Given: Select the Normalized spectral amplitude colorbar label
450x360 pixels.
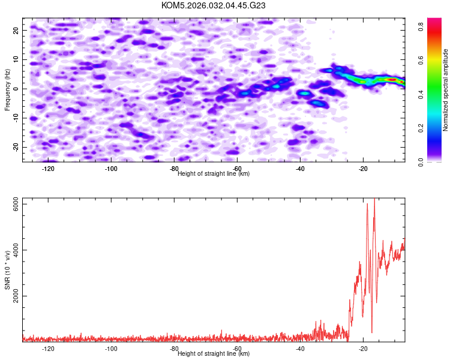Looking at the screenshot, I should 446,90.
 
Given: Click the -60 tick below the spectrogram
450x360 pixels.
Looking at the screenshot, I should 237,169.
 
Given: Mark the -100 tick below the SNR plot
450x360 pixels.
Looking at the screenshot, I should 111,349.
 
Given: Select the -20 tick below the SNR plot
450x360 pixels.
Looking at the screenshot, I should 363,349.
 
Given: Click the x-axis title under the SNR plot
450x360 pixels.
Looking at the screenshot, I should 214,354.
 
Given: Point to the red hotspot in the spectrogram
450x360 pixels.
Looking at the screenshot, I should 392,79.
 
